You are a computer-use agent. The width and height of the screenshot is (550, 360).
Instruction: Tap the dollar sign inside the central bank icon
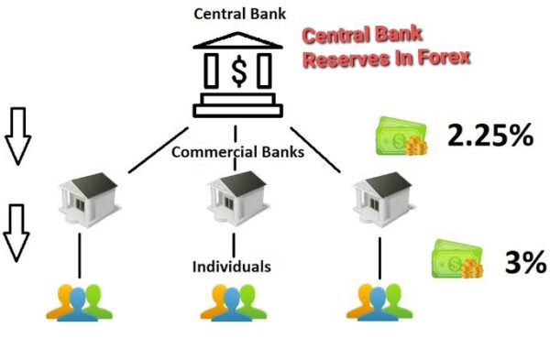coord(237,71)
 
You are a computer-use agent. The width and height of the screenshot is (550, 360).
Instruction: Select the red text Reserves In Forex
coord(386,57)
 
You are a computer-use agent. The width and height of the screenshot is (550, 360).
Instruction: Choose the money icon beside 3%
coord(456,260)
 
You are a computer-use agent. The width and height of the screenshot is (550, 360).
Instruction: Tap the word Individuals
coord(231,267)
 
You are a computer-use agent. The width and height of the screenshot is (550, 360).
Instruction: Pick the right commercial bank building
coord(378,193)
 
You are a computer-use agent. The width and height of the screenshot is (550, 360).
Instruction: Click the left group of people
coord(79,301)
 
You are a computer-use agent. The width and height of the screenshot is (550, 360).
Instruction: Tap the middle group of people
coord(233,301)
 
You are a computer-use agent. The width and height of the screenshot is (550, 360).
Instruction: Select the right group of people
coord(377,301)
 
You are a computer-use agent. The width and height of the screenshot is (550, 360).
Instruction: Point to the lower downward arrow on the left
coord(16,231)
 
